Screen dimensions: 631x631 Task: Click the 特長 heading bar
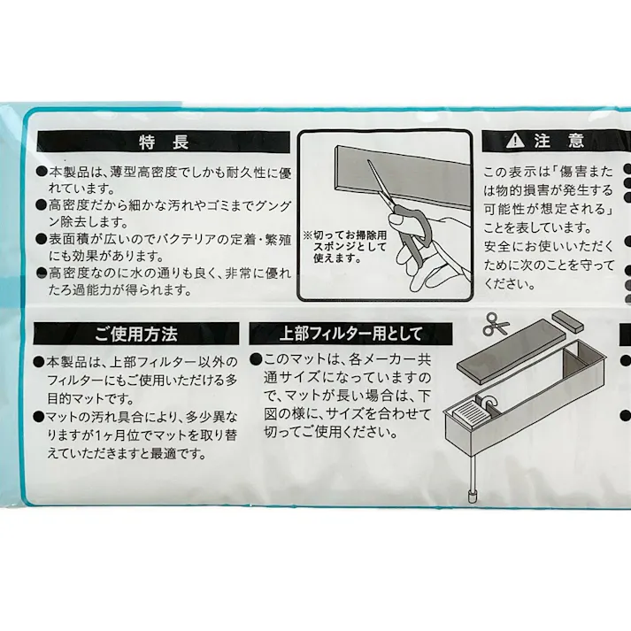(164, 142)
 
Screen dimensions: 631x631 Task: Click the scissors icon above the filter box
(496, 325)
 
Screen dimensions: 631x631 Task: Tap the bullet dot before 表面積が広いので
(42, 239)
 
